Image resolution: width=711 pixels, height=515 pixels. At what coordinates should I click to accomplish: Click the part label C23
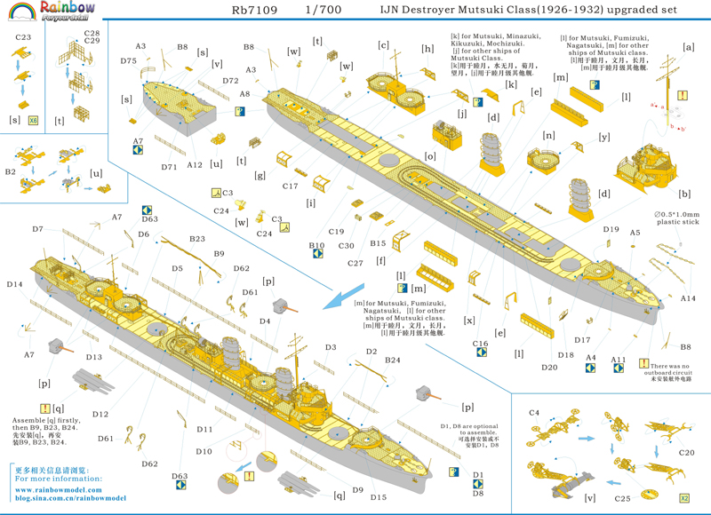pyautogui.click(x=22, y=38)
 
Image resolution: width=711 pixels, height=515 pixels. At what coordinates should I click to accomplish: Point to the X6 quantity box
pyautogui.click(x=34, y=119)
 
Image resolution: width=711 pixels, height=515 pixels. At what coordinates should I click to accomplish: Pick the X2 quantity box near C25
pyautogui.click(x=684, y=498)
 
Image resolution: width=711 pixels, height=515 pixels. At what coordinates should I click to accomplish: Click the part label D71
pyautogui.click(x=169, y=167)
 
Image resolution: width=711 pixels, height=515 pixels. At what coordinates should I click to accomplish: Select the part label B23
pyautogui.click(x=197, y=239)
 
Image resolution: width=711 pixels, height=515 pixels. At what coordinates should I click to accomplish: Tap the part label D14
pyautogui.click(x=14, y=284)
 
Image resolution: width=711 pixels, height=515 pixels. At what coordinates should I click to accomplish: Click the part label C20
pyautogui.click(x=686, y=452)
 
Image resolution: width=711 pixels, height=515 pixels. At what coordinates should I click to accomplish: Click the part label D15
pyautogui.click(x=379, y=497)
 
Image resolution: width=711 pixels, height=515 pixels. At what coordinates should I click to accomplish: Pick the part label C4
pyautogui.click(x=534, y=413)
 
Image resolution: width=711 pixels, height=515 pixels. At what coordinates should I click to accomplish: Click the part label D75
pyautogui.click(x=129, y=60)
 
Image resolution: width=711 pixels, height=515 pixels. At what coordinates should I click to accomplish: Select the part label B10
pyautogui.click(x=316, y=245)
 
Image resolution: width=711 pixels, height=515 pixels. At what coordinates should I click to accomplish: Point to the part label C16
pyautogui.click(x=481, y=343)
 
